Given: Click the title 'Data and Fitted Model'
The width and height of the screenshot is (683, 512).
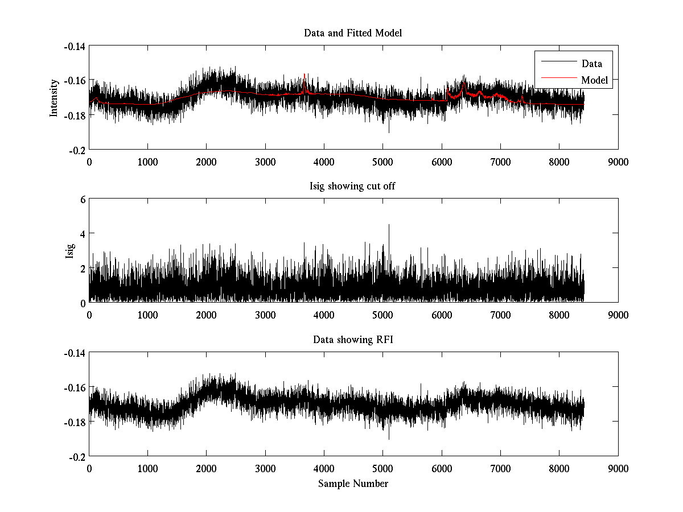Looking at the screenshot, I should point(353,33).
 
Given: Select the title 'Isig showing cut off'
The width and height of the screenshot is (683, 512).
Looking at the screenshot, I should point(353,187).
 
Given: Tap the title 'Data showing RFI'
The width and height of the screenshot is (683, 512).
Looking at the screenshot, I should point(353,340).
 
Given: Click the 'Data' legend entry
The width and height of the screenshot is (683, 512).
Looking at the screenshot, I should point(591,63).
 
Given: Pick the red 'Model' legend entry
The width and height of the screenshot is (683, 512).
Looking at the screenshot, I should point(594,80).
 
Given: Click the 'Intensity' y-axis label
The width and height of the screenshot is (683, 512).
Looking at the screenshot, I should point(54,97).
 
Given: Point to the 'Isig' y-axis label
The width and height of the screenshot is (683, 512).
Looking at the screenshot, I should point(69,251).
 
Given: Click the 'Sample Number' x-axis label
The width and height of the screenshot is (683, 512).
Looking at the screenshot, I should point(353,484).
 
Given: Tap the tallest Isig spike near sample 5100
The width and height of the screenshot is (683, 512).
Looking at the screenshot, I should point(389,225).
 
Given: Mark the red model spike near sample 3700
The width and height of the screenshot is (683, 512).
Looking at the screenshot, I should point(305,75).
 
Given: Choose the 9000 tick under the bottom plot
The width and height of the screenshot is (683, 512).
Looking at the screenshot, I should point(618,468).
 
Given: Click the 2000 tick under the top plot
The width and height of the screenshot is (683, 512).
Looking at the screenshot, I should point(207,162).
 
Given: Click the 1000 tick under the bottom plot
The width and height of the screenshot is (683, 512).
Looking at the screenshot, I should point(148,468).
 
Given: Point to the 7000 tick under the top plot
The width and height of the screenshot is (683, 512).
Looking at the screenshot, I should point(500,162).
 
